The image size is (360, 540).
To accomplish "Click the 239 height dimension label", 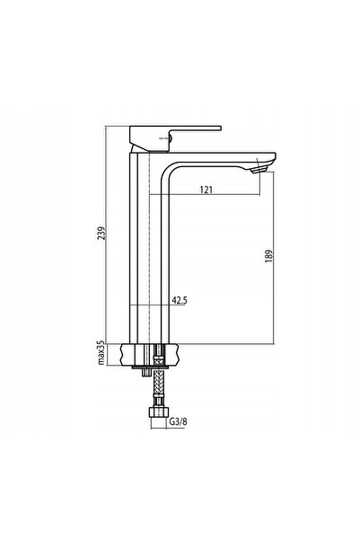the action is pos(101,233).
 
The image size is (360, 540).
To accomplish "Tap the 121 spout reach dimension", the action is pos(206,190).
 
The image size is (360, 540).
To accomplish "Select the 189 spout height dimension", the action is pos(268,256).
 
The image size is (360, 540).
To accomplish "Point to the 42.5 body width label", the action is pos(180,301).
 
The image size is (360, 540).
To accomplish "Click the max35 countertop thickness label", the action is pos(101,352).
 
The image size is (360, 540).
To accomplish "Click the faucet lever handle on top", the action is pos(175,138).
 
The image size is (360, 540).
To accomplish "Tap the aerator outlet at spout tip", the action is pos(259,169).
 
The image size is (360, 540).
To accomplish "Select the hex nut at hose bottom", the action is pos(158,412).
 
